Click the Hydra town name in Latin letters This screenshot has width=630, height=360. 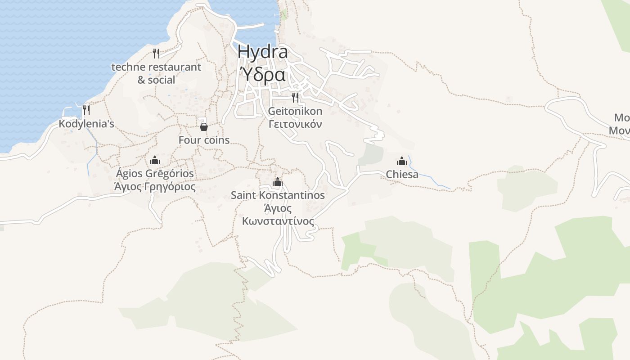[262, 52]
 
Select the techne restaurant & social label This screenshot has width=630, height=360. [156, 73]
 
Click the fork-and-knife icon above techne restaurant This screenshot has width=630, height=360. [156, 54]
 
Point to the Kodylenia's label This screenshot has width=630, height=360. [86, 124]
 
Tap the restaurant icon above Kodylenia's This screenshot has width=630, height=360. [86, 110]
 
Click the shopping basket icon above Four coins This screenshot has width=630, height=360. [204, 127]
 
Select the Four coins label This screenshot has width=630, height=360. [204, 140]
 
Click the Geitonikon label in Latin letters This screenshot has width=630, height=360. [295, 111]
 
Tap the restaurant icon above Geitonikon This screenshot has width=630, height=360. [295, 97]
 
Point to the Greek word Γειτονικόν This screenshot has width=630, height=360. [295, 124]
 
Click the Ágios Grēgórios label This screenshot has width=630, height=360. [155, 173]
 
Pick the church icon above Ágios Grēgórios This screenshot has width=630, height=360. [155, 160]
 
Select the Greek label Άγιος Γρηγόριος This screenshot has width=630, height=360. [155, 186]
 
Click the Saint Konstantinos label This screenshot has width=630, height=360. [278, 195]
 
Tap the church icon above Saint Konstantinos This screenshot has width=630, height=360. [278, 182]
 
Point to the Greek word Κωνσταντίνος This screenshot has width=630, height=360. [278, 221]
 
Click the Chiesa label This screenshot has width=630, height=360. [402, 174]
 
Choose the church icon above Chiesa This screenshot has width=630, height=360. [402, 161]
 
